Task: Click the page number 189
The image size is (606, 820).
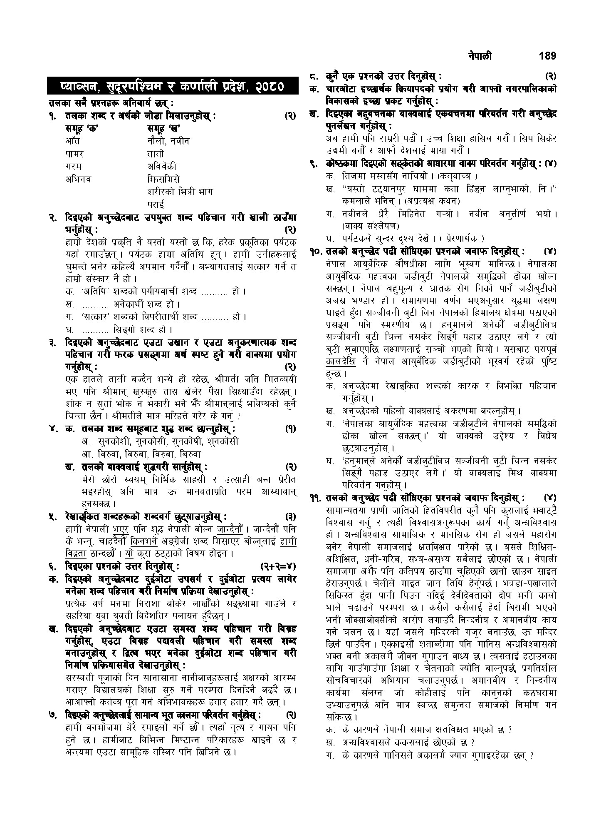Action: (x=546, y=56)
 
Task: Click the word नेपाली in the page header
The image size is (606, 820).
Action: (x=480, y=56)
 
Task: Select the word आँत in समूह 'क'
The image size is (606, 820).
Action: (x=73, y=141)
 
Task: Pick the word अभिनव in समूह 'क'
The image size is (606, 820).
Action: (x=78, y=179)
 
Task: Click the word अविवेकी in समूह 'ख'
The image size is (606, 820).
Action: (x=162, y=167)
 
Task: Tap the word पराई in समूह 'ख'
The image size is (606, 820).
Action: (x=156, y=205)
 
